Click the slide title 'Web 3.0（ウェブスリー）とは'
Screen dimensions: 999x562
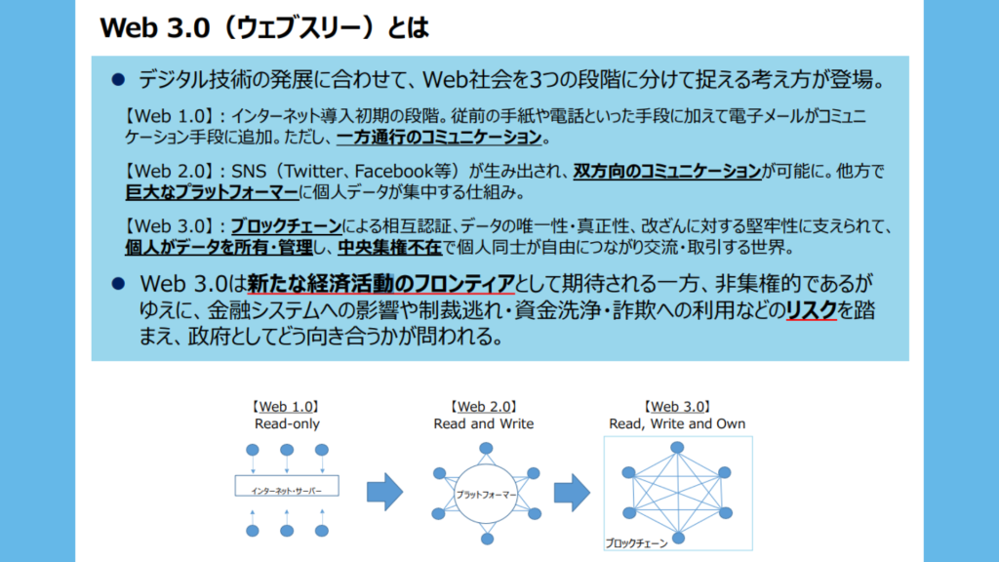pyautogui.click(x=264, y=28)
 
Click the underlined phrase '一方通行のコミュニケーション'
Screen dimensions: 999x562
pyautogui.click(x=439, y=137)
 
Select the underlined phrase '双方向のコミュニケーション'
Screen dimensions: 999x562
pyautogui.click(x=667, y=171)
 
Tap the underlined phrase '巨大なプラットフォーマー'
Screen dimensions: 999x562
pyautogui.click(x=212, y=192)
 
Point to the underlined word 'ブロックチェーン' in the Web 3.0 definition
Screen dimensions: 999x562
pyautogui.click(x=286, y=225)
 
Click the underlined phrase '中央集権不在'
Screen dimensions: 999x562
pyautogui.click(x=389, y=247)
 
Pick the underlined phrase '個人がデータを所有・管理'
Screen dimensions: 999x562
pyautogui.click(x=219, y=247)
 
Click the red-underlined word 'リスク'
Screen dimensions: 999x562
pyautogui.click(x=811, y=309)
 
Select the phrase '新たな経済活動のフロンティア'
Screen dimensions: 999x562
pyautogui.click(x=380, y=283)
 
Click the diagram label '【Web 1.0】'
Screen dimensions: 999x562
pyautogui.click(x=286, y=407)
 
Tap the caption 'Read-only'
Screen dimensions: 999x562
pyautogui.click(x=287, y=423)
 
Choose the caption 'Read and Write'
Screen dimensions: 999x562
pyautogui.click(x=484, y=423)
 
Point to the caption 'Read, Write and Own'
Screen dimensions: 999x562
pyautogui.click(x=677, y=423)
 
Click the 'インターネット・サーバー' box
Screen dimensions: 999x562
pyautogui.click(x=287, y=486)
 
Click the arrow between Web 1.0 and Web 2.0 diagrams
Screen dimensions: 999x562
pyautogui.click(x=384, y=492)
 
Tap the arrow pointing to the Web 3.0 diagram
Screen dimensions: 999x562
pyautogui.click(x=572, y=493)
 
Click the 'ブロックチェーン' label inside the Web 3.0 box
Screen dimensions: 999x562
pyautogui.click(x=636, y=542)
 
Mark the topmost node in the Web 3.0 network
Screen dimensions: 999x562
pyautogui.click(x=677, y=447)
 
